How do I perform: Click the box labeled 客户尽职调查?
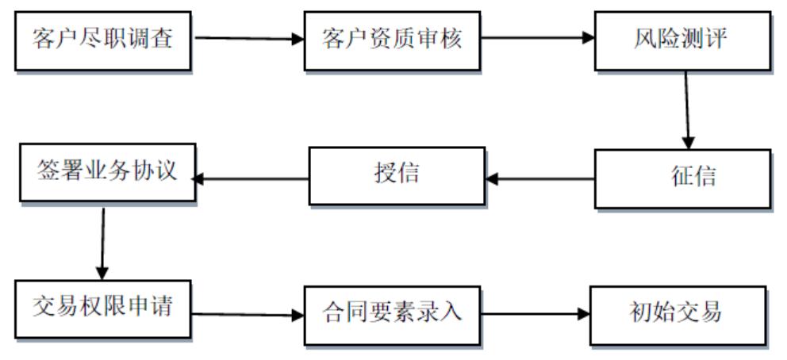[103, 39]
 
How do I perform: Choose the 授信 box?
[396, 174]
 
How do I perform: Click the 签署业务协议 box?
[106, 172]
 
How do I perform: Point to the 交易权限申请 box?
[103, 308]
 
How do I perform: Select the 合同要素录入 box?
[392, 313]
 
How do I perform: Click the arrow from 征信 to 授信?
[539, 179]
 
